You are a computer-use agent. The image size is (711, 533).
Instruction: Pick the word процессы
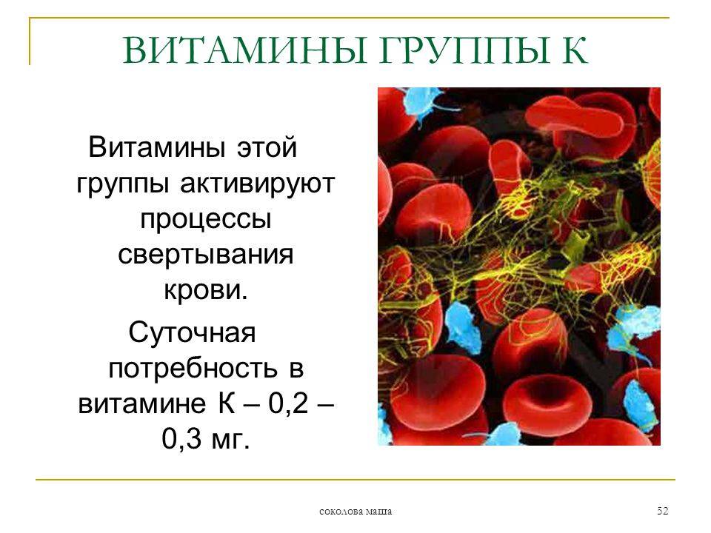204,219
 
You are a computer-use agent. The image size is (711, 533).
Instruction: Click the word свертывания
204,255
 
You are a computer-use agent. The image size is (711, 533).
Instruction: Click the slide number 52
662,512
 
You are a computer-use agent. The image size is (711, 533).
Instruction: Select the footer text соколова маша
355,512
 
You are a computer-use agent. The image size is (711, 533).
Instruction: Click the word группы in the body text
123,184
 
